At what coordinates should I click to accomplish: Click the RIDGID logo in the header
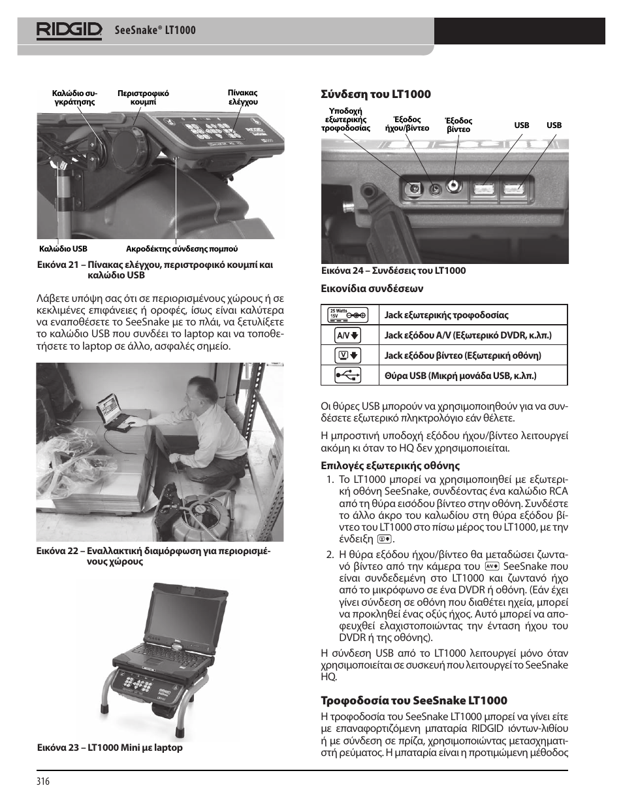(x=69, y=30)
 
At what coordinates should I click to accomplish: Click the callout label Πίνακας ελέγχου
(x=243, y=97)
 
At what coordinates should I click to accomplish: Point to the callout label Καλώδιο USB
(x=63, y=249)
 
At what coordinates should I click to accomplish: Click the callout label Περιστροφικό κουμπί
(x=143, y=97)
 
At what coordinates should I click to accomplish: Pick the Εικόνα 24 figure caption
(x=393, y=271)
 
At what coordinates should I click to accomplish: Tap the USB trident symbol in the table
(x=347, y=375)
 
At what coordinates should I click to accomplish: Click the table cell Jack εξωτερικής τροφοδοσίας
(x=446, y=315)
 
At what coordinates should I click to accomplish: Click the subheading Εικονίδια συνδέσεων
(x=372, y=288)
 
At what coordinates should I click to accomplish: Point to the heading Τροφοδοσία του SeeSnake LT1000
(x=413, y=700)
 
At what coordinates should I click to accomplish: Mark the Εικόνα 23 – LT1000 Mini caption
(x=110, y=748)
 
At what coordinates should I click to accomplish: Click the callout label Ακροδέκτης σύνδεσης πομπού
(x=182, y=249)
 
